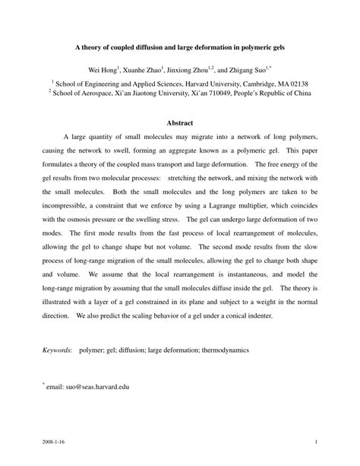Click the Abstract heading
180,123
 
